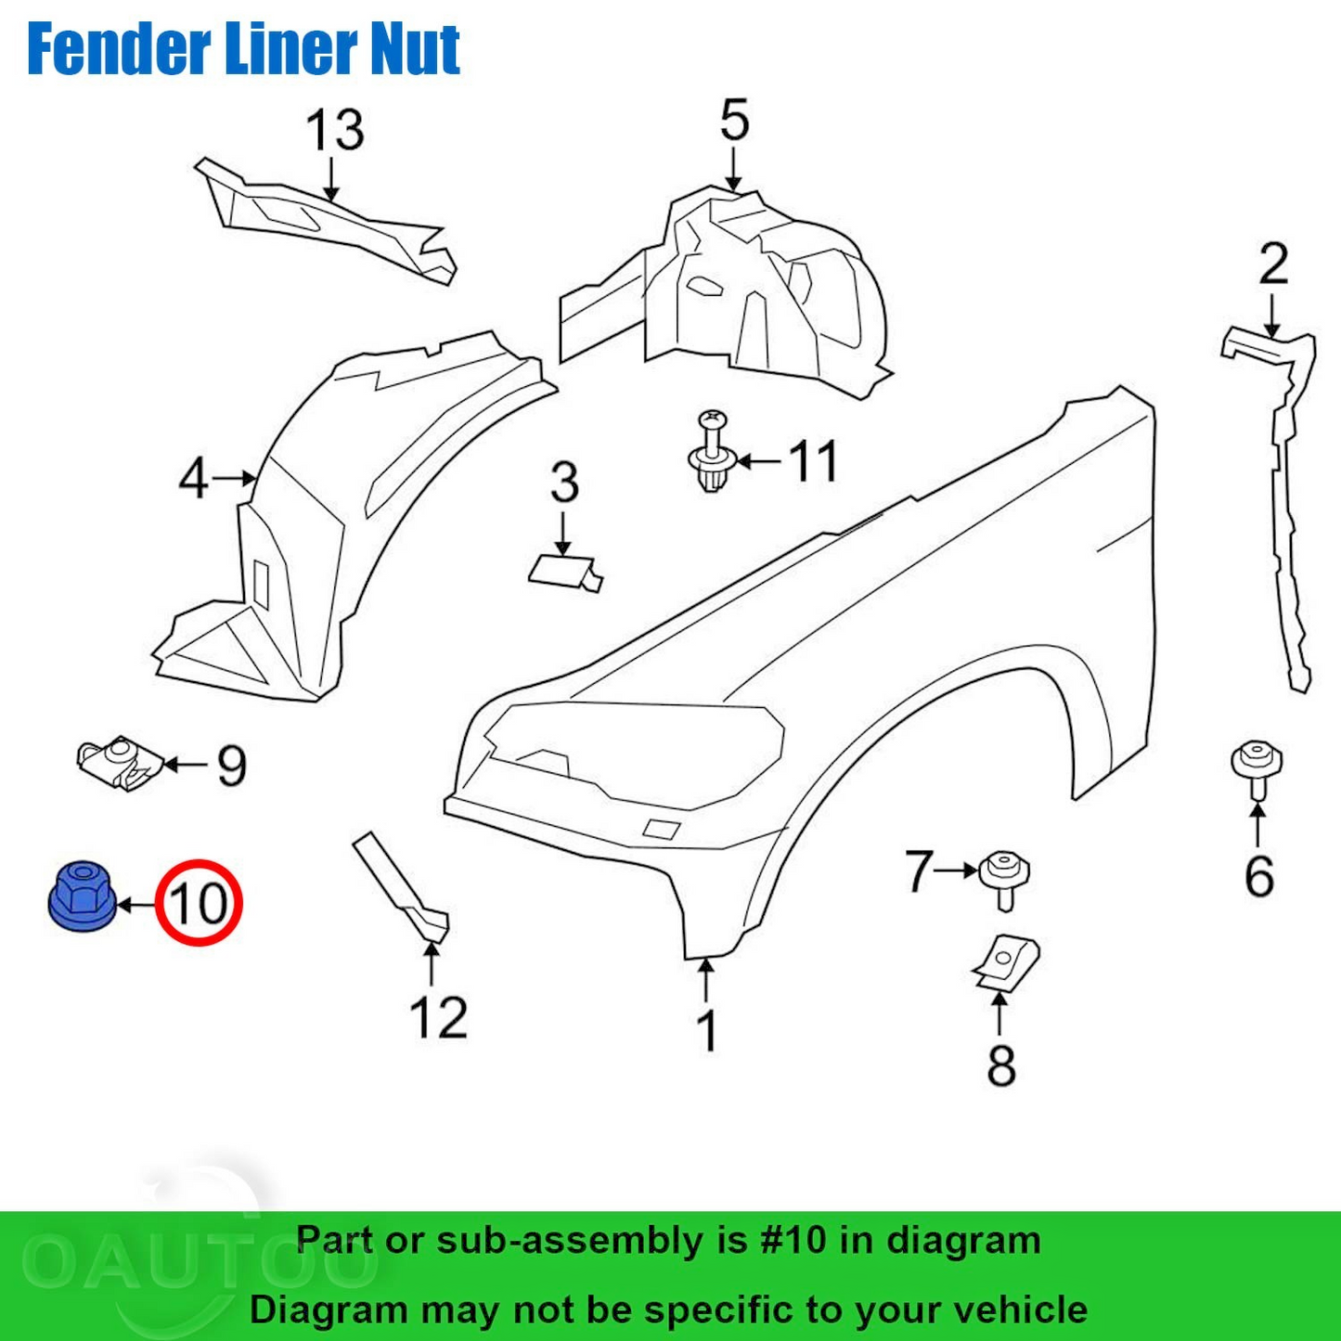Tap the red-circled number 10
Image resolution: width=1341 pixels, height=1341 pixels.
tap(199, 903)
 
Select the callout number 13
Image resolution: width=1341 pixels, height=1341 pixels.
tap(334, 130)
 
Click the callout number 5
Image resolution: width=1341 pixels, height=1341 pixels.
tap(734, 121)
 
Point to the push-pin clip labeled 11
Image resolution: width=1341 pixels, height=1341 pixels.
tap(712, 452)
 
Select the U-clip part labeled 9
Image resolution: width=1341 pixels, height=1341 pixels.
tap(120, 763)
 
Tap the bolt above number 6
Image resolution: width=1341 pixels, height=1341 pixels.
tap(1257, 767)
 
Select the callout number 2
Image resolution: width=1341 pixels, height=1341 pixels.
tap(1273, 264)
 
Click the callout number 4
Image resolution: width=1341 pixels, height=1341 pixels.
tap(193, 480)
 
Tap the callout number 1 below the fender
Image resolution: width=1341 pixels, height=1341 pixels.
tap(707, 1030)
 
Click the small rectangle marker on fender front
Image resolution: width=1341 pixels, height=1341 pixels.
tap(661, 829)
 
